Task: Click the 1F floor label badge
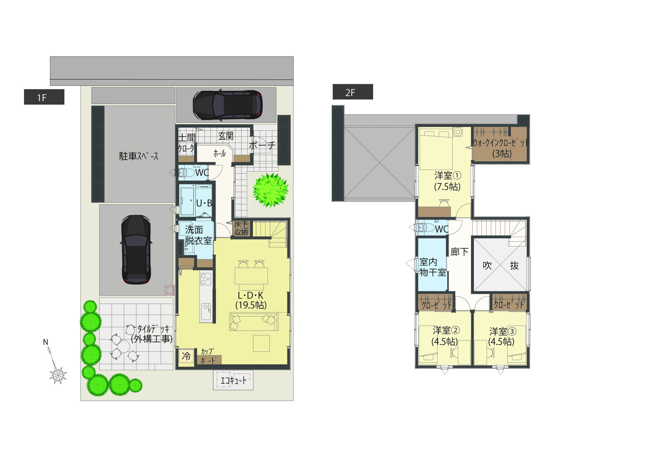pos(44,97)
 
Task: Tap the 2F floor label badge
pos(353,92)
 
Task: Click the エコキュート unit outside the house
pos(233,380)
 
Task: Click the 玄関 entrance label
pos(226,136)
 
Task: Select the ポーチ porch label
pos(262,145)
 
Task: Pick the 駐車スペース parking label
pos(139,156)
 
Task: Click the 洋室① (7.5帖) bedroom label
pos(447,181)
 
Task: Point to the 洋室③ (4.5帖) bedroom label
pos(502,337)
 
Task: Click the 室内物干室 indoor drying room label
pos(432,267)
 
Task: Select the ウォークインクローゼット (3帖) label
pos(501,148)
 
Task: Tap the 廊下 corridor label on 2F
pos(460,252)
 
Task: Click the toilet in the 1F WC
pos(186,172)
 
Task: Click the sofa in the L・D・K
pos(254,322)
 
